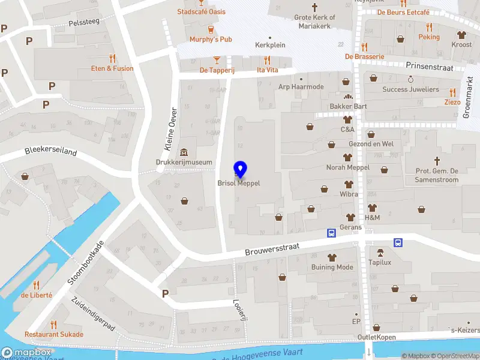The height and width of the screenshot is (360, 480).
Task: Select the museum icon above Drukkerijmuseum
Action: click(x=184, y=151)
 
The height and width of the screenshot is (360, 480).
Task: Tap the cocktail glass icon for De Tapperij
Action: click(x=217, y=59)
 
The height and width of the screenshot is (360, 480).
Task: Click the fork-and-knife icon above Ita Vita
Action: click(x=268, y=59)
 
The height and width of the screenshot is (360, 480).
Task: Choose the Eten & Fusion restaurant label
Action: click(x=112, y=68)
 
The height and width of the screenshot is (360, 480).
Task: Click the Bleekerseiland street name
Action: click(x=51, y=152)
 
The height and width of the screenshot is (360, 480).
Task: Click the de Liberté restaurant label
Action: click(x=37, y=295)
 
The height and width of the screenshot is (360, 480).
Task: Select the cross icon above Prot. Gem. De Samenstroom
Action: click(x=437, y=161)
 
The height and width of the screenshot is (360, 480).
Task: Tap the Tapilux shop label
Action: click(x=380, y=262)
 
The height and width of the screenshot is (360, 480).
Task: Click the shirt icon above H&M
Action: click(x=372, y=207)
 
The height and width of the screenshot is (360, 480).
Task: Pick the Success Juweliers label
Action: click(x=411, y=89)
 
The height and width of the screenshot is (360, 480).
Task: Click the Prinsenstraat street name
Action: click(x=429, y=67)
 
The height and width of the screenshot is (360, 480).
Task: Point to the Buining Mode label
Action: click(x=332, y=267)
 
